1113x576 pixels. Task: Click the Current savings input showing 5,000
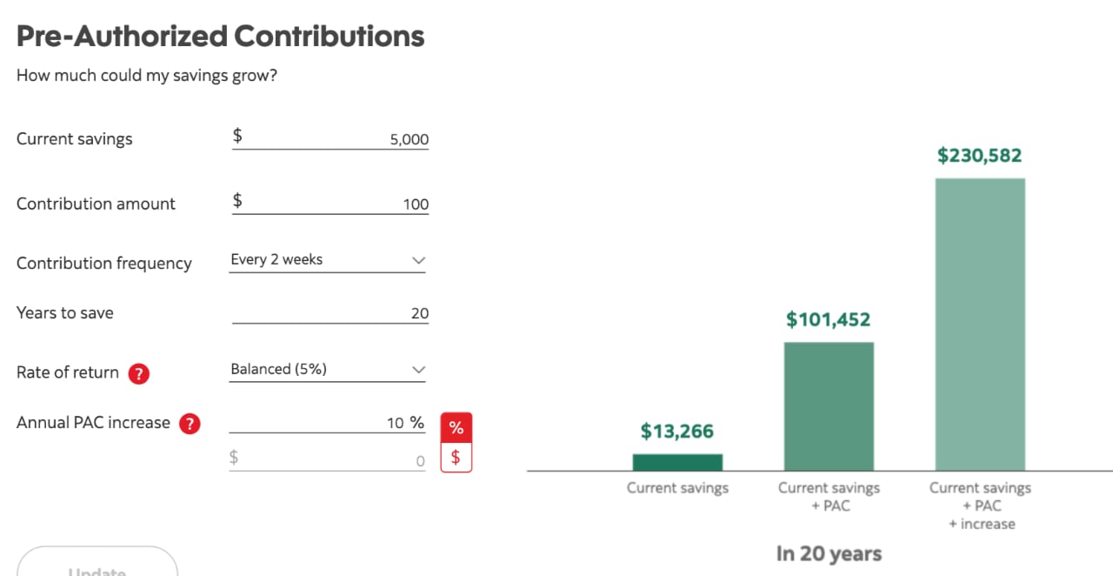coord(330,138)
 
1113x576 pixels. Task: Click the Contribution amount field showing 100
coord(330,204)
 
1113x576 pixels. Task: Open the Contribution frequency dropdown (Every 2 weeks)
coord(328,260)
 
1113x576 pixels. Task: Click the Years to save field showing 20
coord(330,313)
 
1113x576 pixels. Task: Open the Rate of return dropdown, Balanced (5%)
coord(328,370)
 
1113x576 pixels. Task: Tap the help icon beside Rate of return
coord(139,373)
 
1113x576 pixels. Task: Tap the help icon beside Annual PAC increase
coord(190,424)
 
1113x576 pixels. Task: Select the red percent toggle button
coord(457,428)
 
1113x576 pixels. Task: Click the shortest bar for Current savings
coord(677,462)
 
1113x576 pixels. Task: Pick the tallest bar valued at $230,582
coord(980,325)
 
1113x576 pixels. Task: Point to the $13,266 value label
coord(677,432)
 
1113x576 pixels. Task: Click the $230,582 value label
coord(980,156)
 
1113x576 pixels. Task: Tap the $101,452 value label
coord(829,320)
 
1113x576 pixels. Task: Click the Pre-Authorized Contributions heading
coord(221,37)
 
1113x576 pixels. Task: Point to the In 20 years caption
coord(829,554)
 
